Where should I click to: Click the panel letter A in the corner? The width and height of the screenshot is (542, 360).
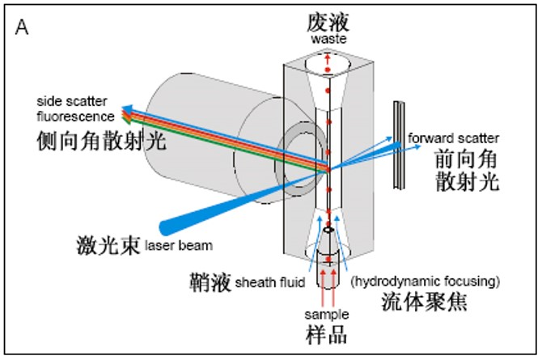click(x=22, y=28)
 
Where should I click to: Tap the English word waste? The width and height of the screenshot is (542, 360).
click(x=327, y=40)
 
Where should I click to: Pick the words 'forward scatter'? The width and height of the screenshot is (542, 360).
click(x=453, y=138)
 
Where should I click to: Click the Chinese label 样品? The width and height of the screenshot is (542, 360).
click(x=326, y=334)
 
